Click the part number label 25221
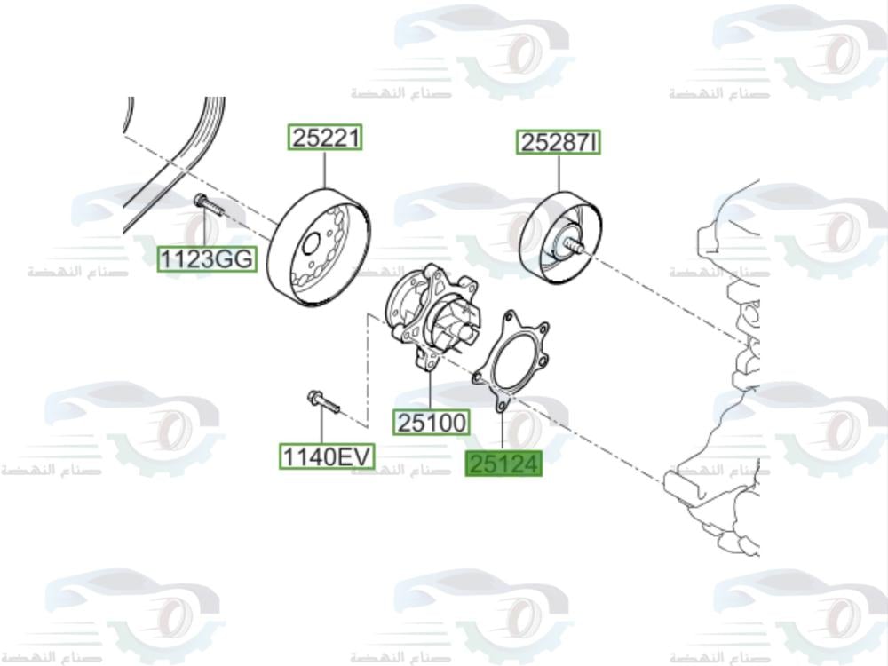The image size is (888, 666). point(324,139)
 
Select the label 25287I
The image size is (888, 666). point(559,142)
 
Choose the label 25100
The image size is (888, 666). point(432,424)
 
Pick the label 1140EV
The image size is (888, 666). point(326,456)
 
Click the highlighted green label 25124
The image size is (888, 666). point(503,463)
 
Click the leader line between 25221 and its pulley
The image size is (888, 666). point(324,169)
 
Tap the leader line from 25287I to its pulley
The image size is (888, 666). point(559,172)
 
